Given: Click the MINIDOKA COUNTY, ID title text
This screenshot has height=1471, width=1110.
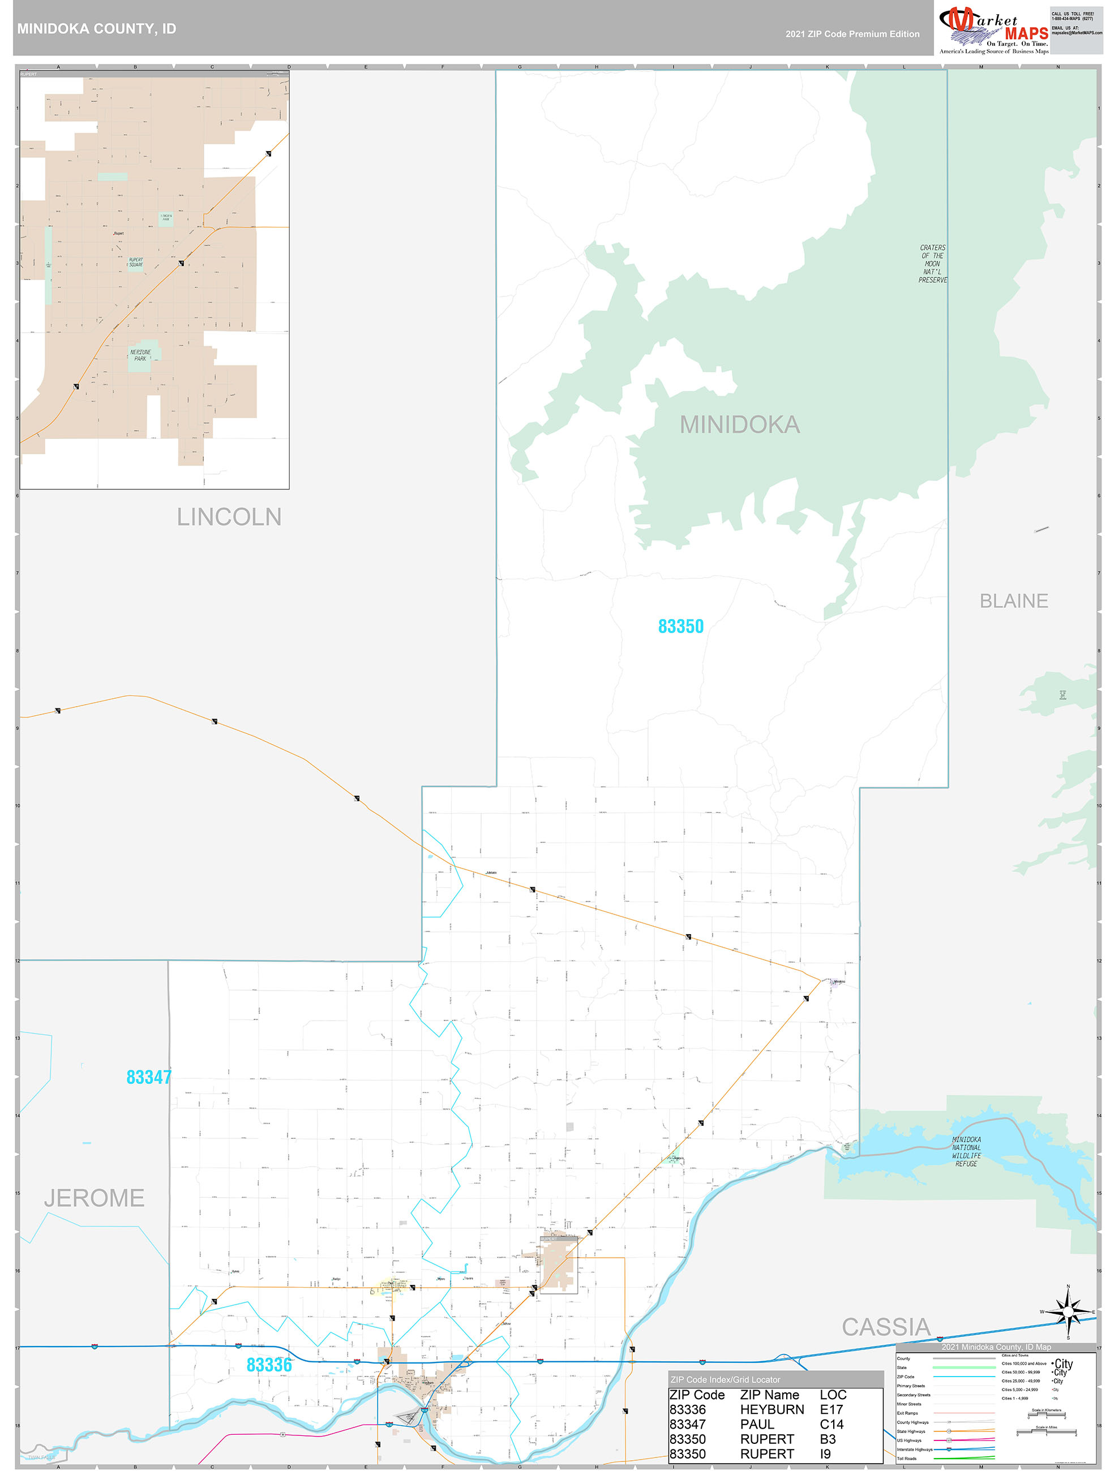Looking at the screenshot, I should click(96, 29).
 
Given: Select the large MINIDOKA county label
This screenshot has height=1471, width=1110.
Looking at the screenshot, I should click(739, 425).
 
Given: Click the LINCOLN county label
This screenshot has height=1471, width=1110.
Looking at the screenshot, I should click(229, 517).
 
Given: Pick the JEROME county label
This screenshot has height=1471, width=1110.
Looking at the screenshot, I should click(94, 1198).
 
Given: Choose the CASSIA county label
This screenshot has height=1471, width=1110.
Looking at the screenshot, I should click(886, 1327).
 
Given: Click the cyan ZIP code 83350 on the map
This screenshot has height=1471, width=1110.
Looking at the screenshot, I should click(680, 626).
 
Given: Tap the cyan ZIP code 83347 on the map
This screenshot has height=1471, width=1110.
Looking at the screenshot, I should click(149, 1077).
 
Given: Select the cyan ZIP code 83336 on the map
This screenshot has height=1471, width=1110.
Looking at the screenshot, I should click(269, 1365).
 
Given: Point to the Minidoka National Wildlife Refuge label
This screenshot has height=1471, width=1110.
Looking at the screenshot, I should click(966, 1151).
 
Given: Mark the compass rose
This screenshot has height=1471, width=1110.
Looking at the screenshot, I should click(1068, 1312).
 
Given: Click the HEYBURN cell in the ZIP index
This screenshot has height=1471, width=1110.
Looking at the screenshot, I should click(772, 1409).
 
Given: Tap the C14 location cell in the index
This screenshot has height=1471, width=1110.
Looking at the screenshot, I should click(831, 1424).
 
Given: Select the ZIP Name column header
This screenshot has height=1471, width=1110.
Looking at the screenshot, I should click(769, 1395).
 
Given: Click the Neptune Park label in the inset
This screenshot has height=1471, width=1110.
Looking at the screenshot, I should click(140, 355).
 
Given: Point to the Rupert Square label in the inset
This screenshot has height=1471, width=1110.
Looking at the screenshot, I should click(136, 262).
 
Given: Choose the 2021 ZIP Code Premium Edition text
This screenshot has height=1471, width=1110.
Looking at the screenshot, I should click(852, 34).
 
